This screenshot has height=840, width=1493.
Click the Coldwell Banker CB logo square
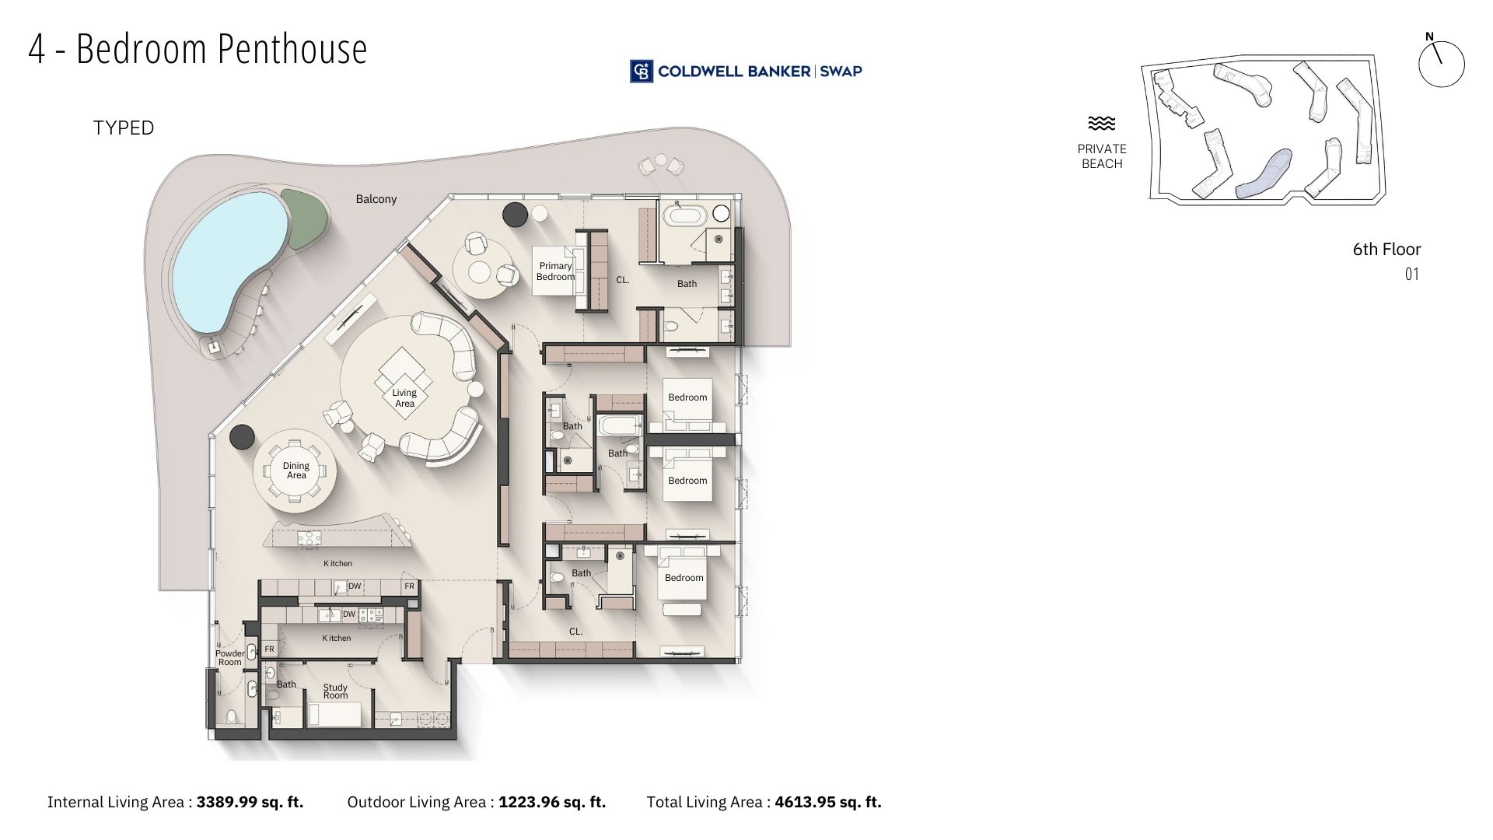click(642, 71)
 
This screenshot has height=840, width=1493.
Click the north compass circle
click(1441, 64)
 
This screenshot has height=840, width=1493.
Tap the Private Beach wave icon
click(1101, 123)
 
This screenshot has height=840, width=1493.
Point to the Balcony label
click(376, 199)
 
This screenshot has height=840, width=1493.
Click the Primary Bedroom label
click(555, 271)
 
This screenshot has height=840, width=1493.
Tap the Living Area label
click(404, 397)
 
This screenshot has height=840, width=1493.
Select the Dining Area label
click(296, 471)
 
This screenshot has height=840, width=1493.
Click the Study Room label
click(336, 691)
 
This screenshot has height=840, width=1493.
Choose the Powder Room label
click(230, 657)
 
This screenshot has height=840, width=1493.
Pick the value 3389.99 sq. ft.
click(250, 802)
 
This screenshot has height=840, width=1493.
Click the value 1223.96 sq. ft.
click(552, 802)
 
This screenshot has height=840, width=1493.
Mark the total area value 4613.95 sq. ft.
click(828, 802)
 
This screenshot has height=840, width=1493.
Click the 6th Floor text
click(1386, 250)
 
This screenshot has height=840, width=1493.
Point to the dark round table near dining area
click(242, 436)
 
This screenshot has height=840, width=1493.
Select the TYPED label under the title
click(124, 128)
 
